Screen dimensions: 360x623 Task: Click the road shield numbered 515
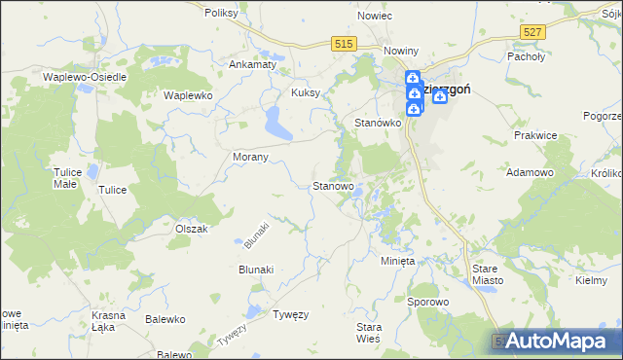click(343, 44)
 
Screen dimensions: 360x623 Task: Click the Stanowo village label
click(333, 185)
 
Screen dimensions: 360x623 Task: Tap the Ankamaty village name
click(252, 64)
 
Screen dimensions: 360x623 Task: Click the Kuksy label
click(306, 93)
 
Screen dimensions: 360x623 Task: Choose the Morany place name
click(251, 156)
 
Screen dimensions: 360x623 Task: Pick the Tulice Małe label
click(65, 177)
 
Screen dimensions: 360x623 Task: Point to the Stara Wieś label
click(369, 332)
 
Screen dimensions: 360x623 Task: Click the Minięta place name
click(397, 262)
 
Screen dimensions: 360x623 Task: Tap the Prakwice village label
click(536, 136)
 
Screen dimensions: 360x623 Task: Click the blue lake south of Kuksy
click(275, 123)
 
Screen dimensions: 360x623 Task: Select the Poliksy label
click(222, 14)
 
